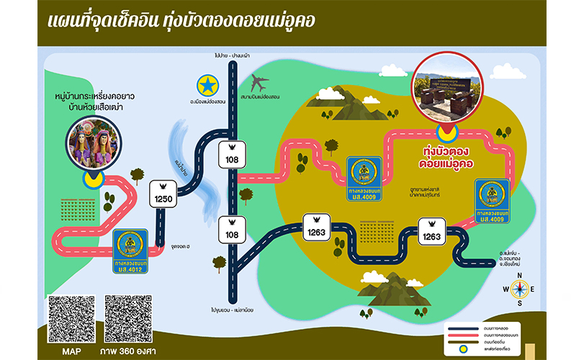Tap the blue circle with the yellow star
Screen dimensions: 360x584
[209, 86]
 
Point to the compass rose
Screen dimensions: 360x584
[521, 290]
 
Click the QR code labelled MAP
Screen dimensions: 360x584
[71, 318]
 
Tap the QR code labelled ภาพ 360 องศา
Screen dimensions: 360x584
[130, 318]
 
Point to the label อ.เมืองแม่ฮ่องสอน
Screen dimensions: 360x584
[209, 102]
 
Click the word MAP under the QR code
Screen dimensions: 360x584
[71, 351]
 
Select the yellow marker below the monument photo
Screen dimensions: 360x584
[447, 132]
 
